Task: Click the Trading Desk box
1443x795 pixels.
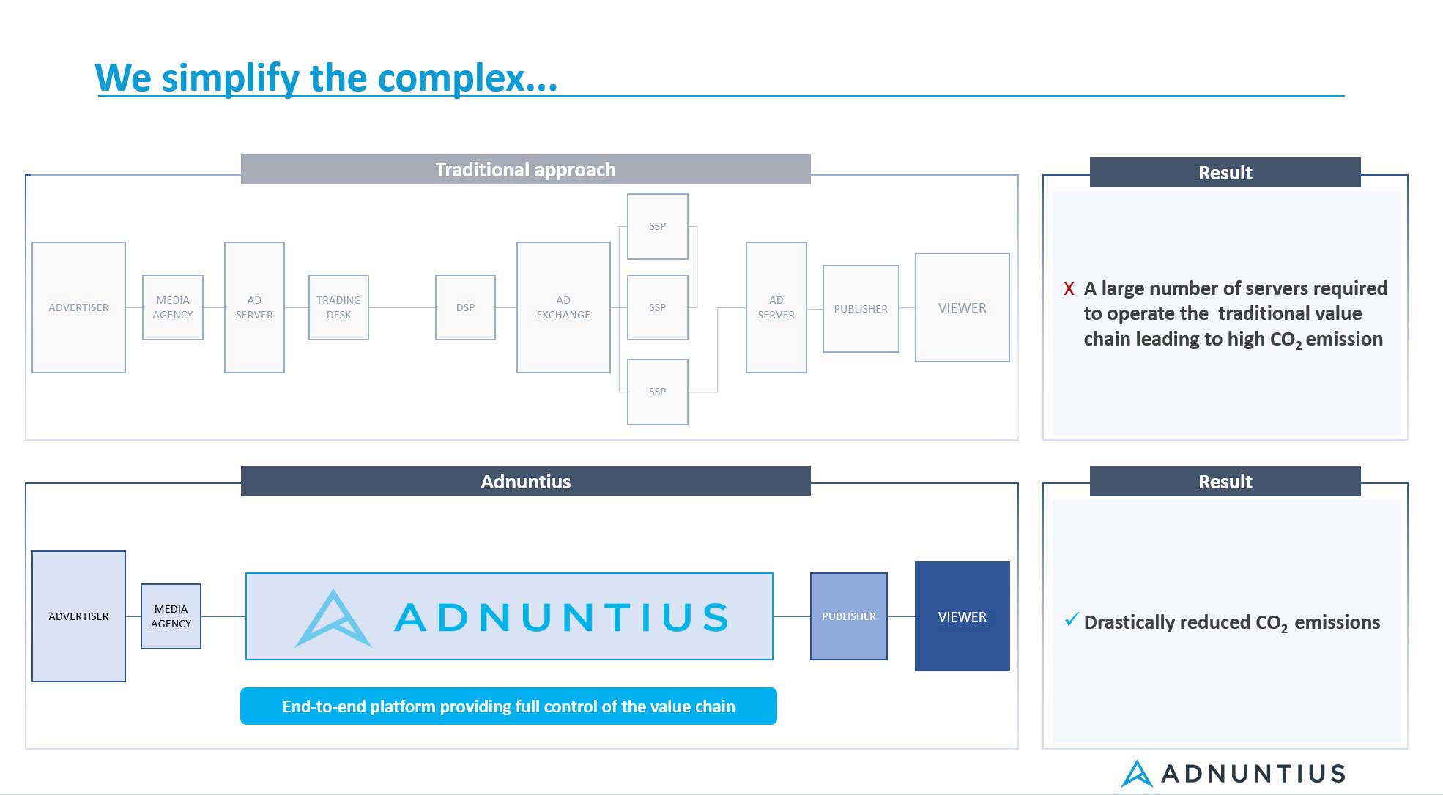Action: [338, 307]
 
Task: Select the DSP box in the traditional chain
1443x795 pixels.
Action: [465, 307]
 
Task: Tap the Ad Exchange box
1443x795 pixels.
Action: [563, 307]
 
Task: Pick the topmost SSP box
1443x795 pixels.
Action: [658, 226]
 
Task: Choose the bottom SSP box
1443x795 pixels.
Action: [658, 392]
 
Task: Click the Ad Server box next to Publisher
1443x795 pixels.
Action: [776, 307]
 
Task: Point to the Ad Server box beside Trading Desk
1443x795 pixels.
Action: [254, 307]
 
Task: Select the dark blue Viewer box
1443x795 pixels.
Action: [962, 616]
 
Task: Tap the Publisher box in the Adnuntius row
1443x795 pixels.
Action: [849, 616]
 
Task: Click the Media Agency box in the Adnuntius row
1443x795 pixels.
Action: [171, 616]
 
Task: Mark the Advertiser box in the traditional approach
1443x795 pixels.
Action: [78, 307]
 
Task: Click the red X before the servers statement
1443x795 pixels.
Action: [1069, 289]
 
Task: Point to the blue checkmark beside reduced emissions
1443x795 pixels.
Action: [1072, 620]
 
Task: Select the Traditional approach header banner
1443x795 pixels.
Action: [526, 170]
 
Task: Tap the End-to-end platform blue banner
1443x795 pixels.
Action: [508, 706]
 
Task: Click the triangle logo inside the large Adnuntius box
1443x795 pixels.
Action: [333, 619]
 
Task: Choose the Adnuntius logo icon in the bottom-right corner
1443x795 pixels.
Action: [1137, 774]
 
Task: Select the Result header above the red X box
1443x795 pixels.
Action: [1225, 173]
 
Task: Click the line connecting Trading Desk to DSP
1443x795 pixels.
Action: [402, 307]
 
